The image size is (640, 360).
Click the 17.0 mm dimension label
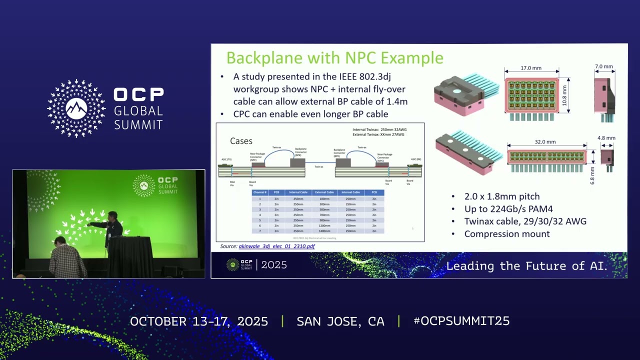click(x=530, y=68)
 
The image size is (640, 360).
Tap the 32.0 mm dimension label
click(x=545, y=141)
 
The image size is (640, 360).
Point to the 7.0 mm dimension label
click(x=604, y=66)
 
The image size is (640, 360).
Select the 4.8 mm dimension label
click(x=606, y=138)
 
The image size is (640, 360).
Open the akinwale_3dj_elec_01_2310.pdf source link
click(x=276, y=246)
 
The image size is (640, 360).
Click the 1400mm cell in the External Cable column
click(x=324, y=231)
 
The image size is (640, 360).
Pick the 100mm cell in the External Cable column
click(x=324, y=199)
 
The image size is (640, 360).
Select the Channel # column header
click(x=260, y=192)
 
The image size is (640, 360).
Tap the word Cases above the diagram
click(x=241, y=141)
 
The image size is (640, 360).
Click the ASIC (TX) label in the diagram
click(x=225, y=159)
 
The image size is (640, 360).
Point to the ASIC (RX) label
click(x=415, y=159)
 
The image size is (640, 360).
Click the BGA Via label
click(x=232, y=182)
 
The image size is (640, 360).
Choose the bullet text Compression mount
click(x=507, y=234)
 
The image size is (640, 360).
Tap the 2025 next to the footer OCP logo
click(x=274, y=265)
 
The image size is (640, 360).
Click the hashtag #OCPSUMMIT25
click(x=461, y=321)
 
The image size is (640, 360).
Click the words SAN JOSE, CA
click(x=340, y=321)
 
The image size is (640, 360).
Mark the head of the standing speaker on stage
click(x=112, y=216)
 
